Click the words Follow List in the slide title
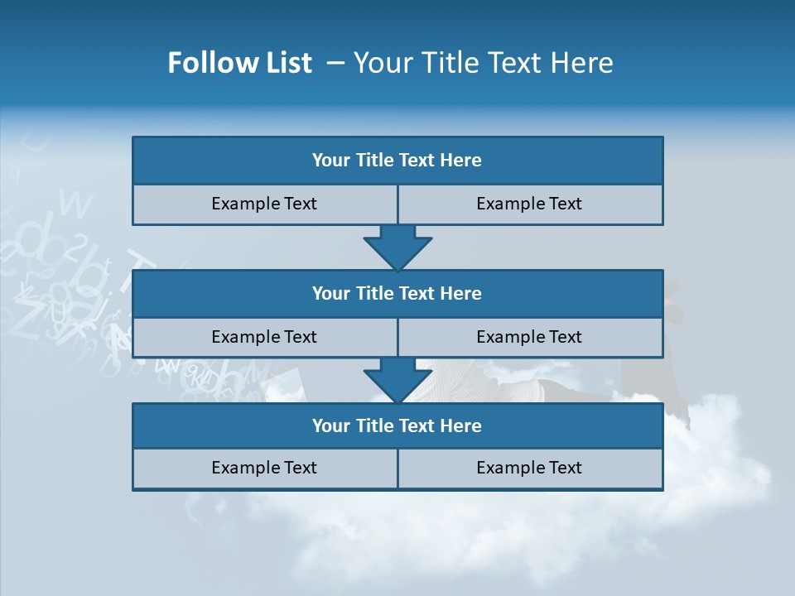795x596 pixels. (x=239, y=63)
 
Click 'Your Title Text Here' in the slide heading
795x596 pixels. (x=484, y=63)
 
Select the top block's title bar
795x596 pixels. (x=397, y=161)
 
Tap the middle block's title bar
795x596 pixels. (x=397, y=293)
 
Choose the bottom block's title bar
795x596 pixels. (x=397, y=425)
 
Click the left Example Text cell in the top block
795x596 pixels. (x=264, y=204)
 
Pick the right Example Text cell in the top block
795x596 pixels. (x=529, y=204)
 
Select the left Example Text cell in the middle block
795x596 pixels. (x=264, y=337)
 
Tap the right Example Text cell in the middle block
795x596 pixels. (x=529, y=337)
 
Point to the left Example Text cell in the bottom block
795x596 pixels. (x=264, y=468)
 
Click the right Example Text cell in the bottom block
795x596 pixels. (x=529, y=468)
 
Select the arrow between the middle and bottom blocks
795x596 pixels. (x=397, y=380)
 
